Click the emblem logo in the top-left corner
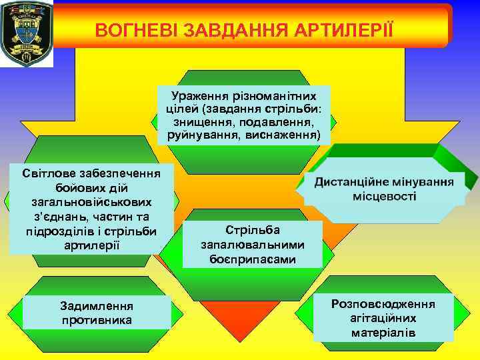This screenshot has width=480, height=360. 26,33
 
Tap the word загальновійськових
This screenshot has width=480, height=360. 91,202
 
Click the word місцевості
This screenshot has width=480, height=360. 385,197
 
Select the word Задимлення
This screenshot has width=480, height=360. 96,306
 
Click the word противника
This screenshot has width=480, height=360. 96,320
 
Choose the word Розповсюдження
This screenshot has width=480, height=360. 383,304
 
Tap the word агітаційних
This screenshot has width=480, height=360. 383,318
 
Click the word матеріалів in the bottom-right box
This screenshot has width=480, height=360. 383,332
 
